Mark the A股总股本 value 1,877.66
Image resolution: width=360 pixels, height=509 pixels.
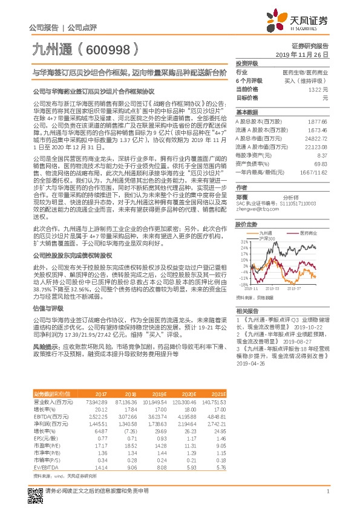coord(317,122)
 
